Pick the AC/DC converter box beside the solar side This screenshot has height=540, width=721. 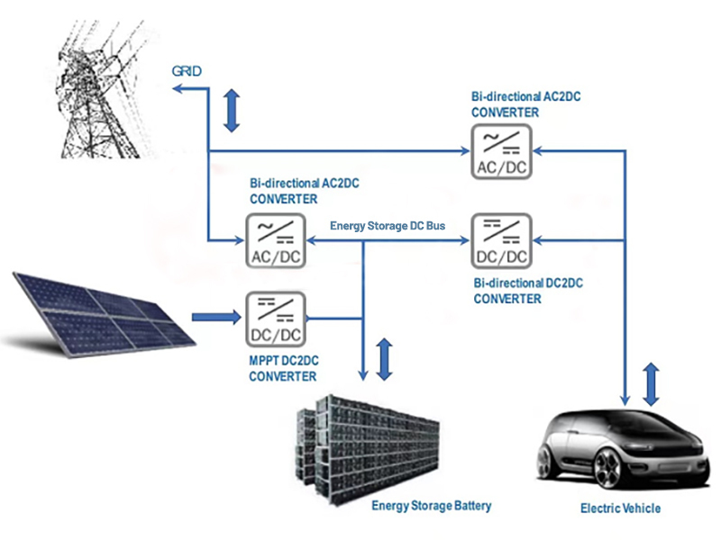[275, 242]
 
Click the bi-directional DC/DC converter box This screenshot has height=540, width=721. [500, 241]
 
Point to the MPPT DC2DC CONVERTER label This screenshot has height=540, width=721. [283, 368]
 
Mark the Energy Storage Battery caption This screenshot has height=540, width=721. [432, 506]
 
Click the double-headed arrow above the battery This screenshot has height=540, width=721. [385, 358]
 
